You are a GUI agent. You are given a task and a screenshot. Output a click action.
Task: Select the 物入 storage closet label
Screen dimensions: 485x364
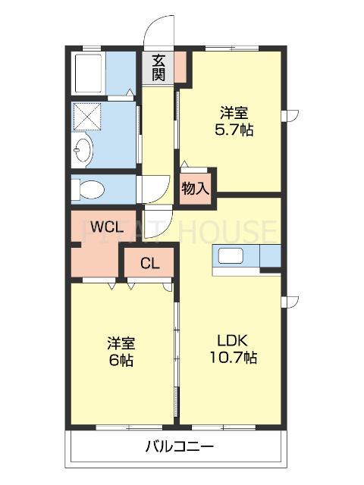click(196, 188)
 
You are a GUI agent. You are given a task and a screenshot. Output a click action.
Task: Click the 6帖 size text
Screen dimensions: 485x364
click(120, 361)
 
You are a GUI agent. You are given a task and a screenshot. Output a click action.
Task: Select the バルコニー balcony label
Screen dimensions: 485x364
click(180, 446)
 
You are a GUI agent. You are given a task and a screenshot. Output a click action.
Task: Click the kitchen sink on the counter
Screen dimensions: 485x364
click(231, 256)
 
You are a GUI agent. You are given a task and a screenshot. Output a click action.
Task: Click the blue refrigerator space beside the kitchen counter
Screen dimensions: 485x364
click(270, 257)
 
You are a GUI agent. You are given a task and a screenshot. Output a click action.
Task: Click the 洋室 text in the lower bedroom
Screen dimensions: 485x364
click(120, 343)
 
